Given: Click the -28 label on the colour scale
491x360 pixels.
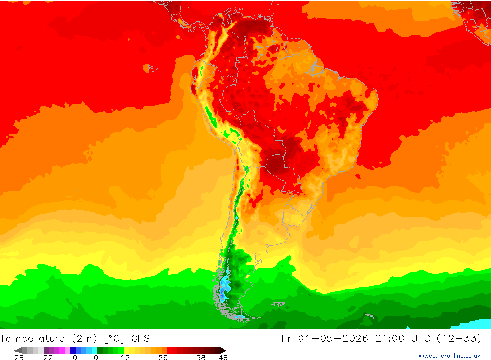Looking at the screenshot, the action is [16, 357].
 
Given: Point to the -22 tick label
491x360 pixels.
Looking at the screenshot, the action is [45, 357].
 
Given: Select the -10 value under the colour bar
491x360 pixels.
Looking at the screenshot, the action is [69, 357].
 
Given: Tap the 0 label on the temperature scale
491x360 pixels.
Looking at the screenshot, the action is [96, 357].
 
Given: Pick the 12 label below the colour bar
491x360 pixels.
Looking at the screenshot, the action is [125, 357].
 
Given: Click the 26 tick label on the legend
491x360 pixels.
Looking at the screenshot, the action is [163, 357].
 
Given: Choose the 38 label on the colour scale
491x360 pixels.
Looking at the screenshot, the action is [201, 357].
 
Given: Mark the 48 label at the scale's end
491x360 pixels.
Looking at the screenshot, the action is [223, 357].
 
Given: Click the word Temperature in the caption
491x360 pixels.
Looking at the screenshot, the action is [32, 339].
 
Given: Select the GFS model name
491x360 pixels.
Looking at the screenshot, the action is [140, 339].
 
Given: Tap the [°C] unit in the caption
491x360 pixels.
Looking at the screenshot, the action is [114, 339].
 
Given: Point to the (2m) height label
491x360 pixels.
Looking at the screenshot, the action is [84, 339].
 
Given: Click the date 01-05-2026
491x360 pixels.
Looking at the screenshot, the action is [333, 339].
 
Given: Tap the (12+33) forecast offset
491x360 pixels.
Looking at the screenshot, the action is [459, 339].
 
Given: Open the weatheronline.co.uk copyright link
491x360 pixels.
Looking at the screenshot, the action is [450, 356].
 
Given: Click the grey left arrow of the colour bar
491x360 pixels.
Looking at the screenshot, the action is [18, 350].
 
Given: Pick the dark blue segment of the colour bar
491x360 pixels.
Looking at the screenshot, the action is [73, 350].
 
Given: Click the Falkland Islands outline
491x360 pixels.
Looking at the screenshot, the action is [278, 304].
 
